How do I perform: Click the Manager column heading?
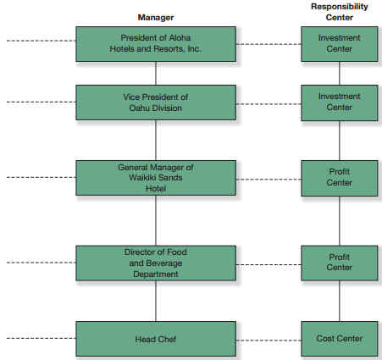pos(156,18)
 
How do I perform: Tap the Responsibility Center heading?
pos(340,12)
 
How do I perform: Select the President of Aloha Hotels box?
pos(156,44)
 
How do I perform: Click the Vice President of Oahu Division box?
pos(156,102)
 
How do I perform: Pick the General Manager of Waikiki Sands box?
pos(156,178)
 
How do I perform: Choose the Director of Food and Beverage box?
pos(156,263)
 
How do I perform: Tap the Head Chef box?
pos(156,339)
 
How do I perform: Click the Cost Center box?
pos(340,339)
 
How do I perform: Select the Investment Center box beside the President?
pos(340,44)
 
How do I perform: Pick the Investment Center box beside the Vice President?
pos(340,103)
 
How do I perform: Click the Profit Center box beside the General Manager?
pos(340,179)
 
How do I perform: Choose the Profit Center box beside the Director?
pos(340,263)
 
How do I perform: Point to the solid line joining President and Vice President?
pos(156,74)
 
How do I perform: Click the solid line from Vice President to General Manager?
pos(156,141)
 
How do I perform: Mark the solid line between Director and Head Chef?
pos(156,301)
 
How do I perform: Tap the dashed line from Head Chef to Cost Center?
pos(269,341)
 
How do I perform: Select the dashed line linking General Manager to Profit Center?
pos(269,180)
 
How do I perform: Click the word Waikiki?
pos(141,178)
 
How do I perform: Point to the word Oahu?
pos(139,108)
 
